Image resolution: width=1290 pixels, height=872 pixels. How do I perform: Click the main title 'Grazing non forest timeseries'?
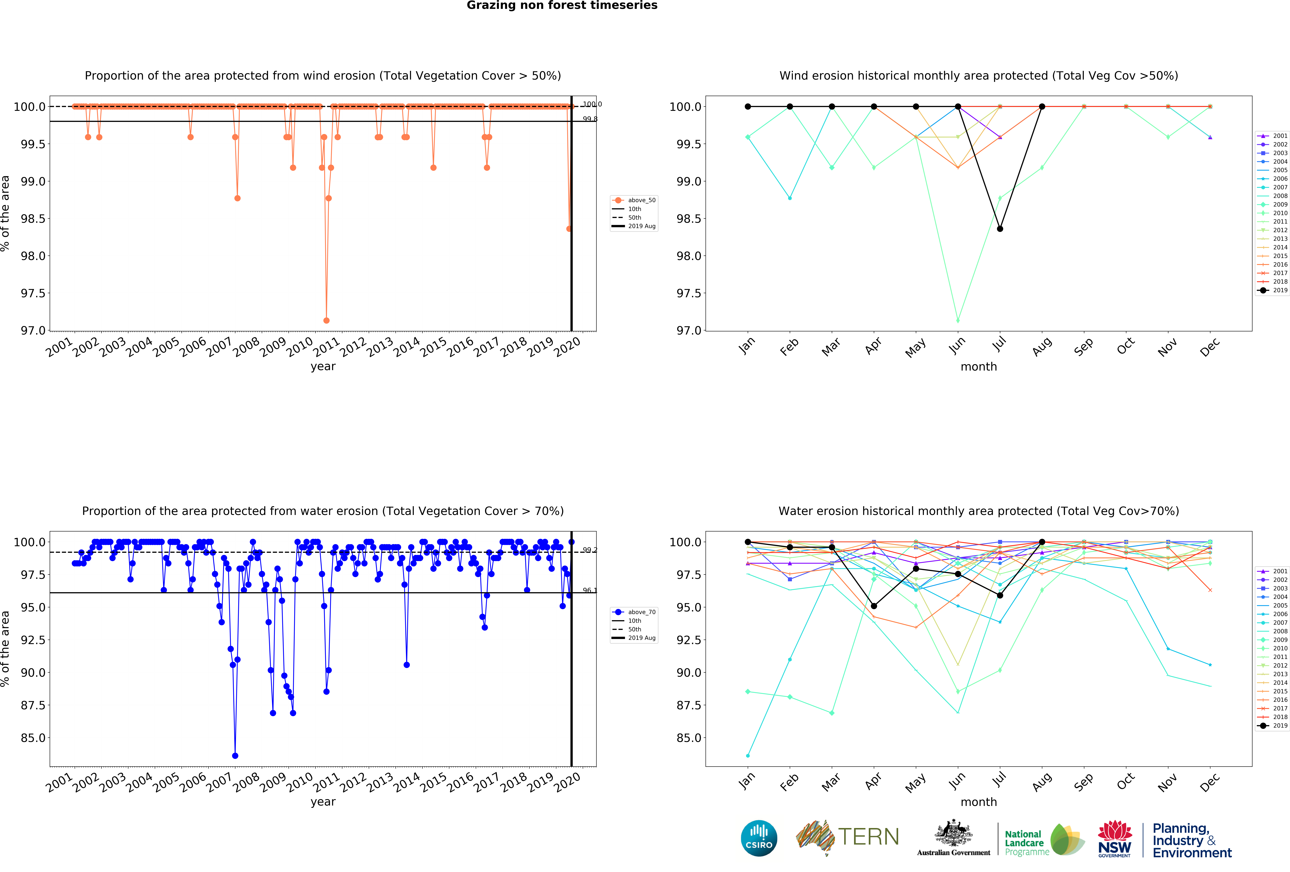(562, 6)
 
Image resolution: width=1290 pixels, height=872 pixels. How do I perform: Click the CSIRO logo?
(759, 838)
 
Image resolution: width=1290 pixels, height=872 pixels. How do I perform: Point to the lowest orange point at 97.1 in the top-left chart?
(326, 320)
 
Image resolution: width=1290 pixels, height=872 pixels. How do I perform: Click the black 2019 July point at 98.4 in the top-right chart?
(1000, 229)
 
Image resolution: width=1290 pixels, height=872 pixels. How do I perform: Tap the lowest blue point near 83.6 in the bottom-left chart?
(235, 755)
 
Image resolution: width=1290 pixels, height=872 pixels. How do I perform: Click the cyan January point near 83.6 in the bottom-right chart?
(748, 755)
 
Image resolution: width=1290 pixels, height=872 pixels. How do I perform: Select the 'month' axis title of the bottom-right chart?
(979, 802)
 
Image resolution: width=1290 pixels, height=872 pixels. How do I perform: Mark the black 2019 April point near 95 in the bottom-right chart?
(874, 606)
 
